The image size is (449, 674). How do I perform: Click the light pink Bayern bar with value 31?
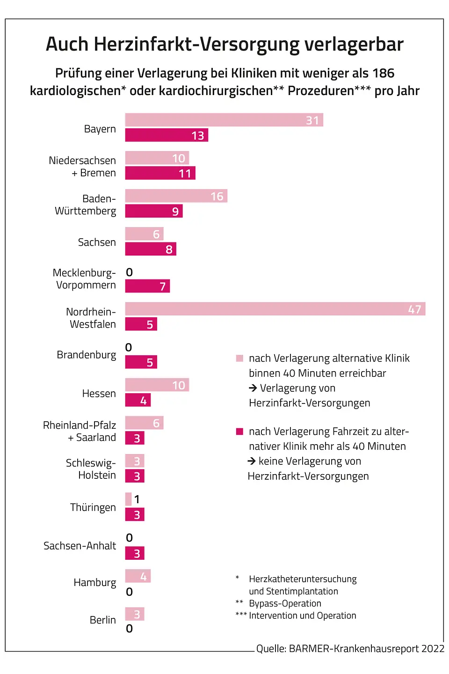[x=224, y=120]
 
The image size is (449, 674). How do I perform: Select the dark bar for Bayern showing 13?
[x=167, y=135]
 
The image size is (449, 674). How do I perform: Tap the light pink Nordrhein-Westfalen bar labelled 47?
[x=275, y=309]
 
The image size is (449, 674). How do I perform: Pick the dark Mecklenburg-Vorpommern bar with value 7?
[x=147, y=286]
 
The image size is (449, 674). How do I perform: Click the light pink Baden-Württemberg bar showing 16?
[x=176, y=196]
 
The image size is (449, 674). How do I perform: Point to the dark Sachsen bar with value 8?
[x=151, y=249]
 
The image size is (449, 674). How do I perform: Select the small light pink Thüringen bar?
[x=129, y=499]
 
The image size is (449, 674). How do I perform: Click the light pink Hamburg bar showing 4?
[x=138, y=576]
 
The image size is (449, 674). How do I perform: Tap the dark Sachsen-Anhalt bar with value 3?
[x=135, y=553]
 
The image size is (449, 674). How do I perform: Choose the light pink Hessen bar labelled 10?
[x=157, y=385]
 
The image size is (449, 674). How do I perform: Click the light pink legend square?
[x=239, y=359]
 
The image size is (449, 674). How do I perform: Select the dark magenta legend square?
[x=239, y=432]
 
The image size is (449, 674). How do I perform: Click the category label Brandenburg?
[x=87, y=355]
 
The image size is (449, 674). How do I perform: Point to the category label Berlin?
[x=102, y=620]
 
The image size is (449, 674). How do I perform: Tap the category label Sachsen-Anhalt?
[x=80, y=546]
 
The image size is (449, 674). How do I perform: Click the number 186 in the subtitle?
[x=383, y=73]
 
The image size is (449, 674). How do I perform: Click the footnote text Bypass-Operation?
[x=285, y=603]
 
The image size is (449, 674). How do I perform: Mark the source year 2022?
[x=433, y=649]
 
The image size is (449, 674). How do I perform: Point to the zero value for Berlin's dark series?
[x=130, y=629]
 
